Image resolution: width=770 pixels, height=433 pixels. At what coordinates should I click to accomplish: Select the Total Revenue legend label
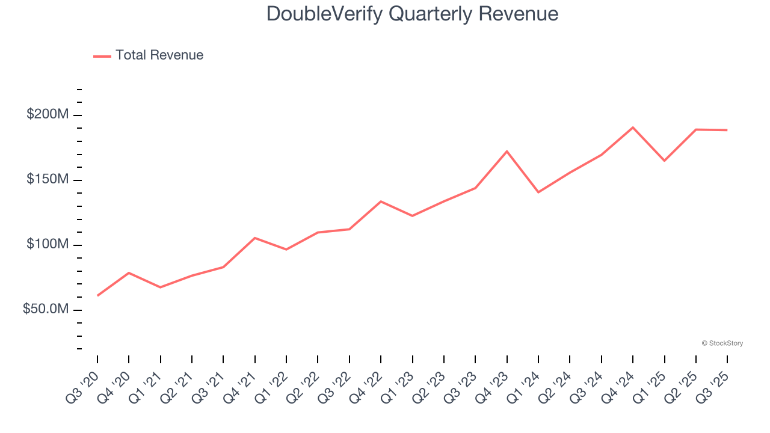click(159, 55)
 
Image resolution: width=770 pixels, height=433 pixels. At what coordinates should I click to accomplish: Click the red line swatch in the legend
click(102, 56)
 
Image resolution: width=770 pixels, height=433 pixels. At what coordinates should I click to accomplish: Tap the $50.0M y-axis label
click(45, 309)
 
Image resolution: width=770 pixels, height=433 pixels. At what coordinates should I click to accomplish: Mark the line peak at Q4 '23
click(507, 151)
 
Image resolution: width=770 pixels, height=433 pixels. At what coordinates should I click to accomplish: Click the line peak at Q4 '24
click(633, 127)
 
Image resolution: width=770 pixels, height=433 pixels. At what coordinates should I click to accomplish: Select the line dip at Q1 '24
click(538, 192)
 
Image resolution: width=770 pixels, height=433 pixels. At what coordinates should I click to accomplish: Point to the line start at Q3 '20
click(97, 295)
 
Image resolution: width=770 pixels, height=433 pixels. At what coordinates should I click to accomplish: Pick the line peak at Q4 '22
click(381, 201)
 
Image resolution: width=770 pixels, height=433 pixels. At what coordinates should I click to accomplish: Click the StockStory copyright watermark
click(722, 343)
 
